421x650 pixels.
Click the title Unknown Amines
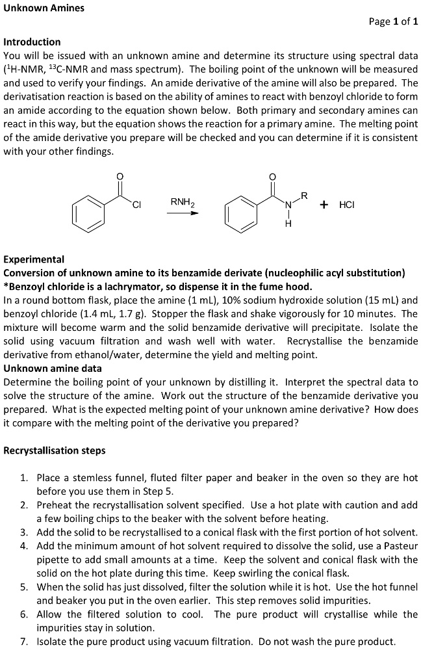click(x=44, y=8)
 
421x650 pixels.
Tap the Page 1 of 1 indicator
click(x=392, y=21)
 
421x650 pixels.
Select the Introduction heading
click(x=32, y=42)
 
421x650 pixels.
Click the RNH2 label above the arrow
click(x=182, y=202)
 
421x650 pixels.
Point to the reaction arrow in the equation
click(x=182, y=212)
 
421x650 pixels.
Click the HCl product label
click(x=346, y=205)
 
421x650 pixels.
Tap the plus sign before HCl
click(x=324, y=205)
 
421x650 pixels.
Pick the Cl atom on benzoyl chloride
click(x=136, y=205)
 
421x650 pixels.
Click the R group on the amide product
click(x=303, y=196)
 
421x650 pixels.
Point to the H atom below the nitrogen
click(x=288, y=225)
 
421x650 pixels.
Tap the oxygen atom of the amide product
click(x=272, y=176)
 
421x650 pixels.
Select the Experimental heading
click(x=34, y=259)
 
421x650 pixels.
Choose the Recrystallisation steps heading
click(x=55, y=450)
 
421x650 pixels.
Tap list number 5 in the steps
click(x=23, y=587)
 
